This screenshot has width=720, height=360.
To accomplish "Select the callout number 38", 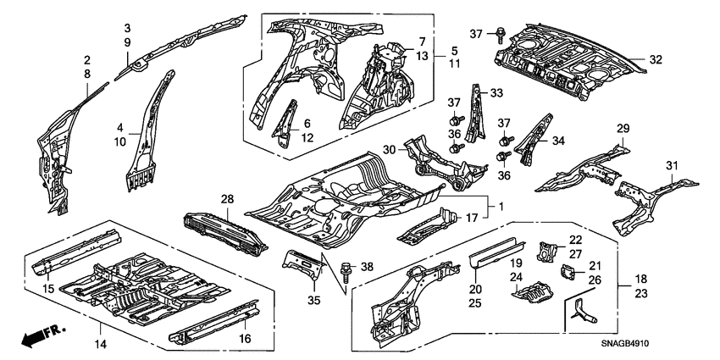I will coord(367,266).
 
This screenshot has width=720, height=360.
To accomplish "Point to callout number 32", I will coord(656,59).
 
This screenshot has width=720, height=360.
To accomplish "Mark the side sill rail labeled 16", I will coord(212,325).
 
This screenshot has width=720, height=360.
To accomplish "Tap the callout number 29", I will coord(623,128).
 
